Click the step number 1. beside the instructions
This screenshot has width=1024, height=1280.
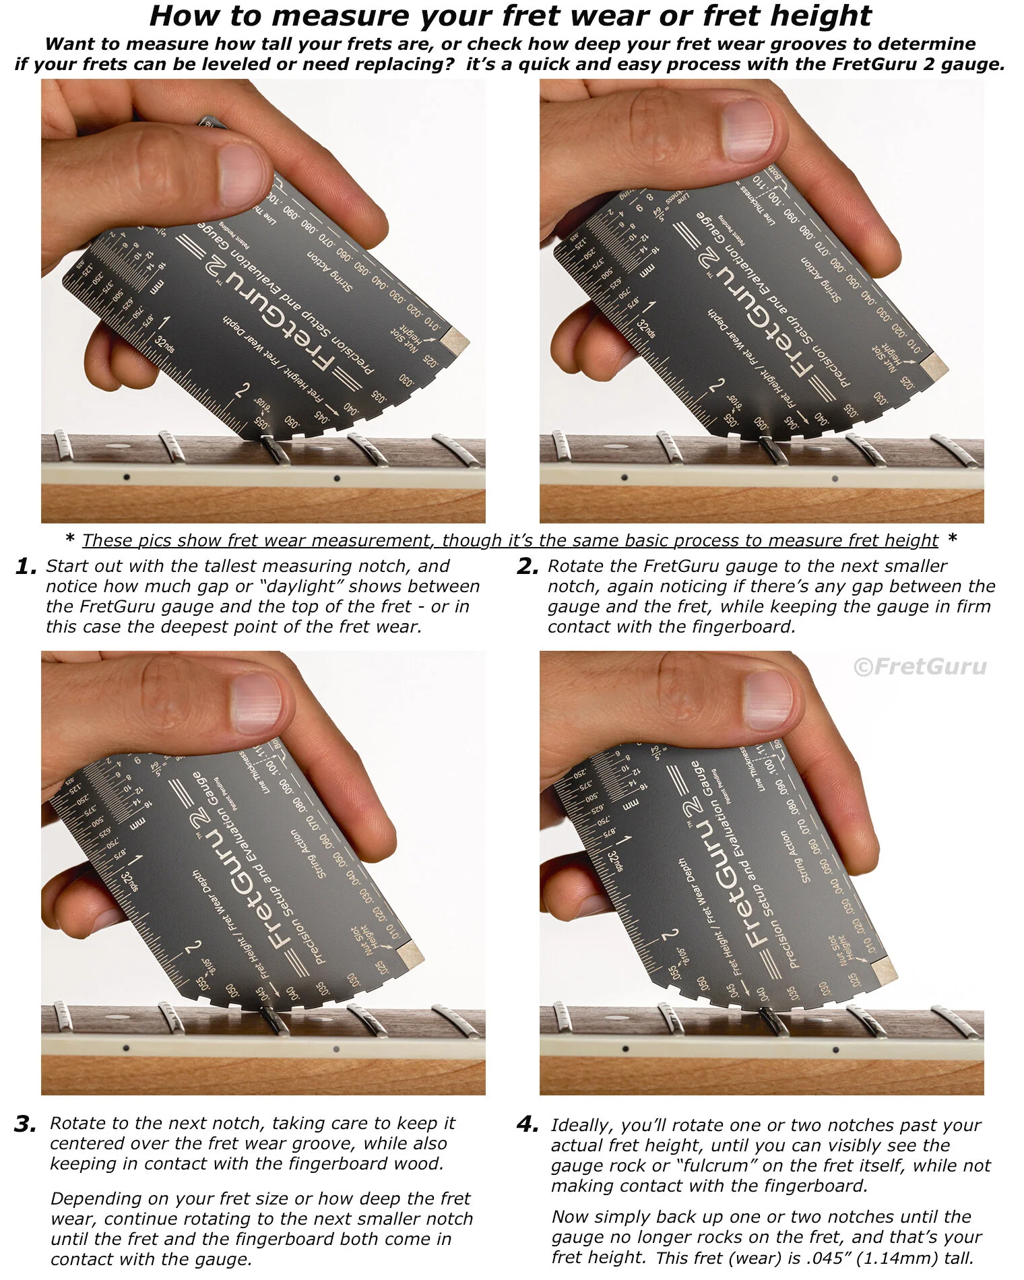click(x=26, y=567)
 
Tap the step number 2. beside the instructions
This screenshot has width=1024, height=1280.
click(x=527, y=567)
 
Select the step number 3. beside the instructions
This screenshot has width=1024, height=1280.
click(x=26, y=1124)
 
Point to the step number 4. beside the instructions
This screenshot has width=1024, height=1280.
click(x=527, y=1124)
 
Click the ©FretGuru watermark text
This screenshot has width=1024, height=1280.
click(x=920, y=667)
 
